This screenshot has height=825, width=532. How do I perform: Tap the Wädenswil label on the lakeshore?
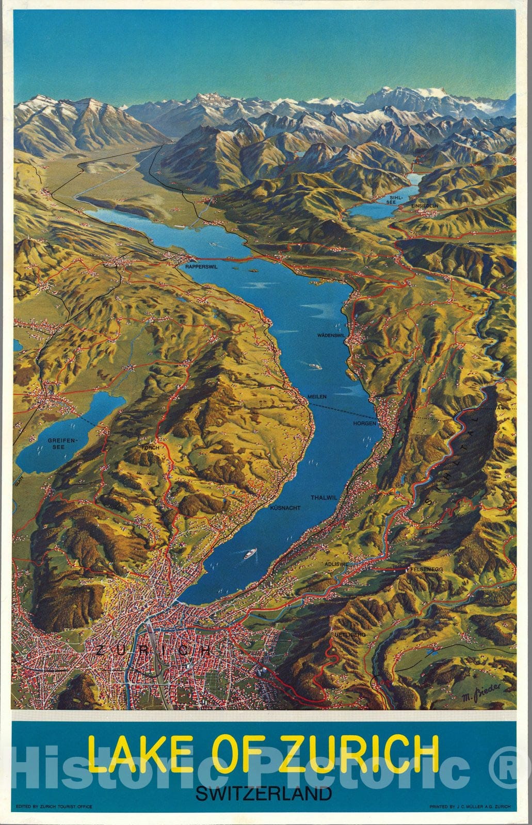pos(330,335)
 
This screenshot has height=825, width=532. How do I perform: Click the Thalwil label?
pos(324,498)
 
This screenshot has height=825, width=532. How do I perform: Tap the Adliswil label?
pos(335,564)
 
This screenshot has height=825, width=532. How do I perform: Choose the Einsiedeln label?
pos(424,205)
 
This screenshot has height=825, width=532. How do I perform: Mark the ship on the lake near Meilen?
pos(314,367)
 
